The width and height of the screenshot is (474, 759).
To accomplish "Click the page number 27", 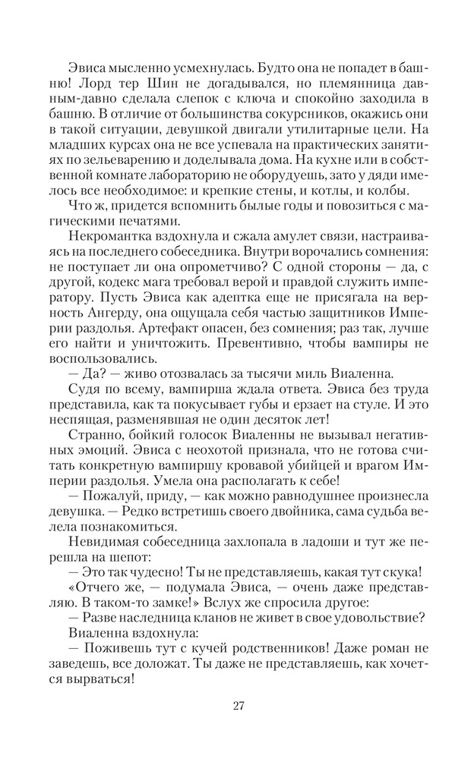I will pos(237,706).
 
